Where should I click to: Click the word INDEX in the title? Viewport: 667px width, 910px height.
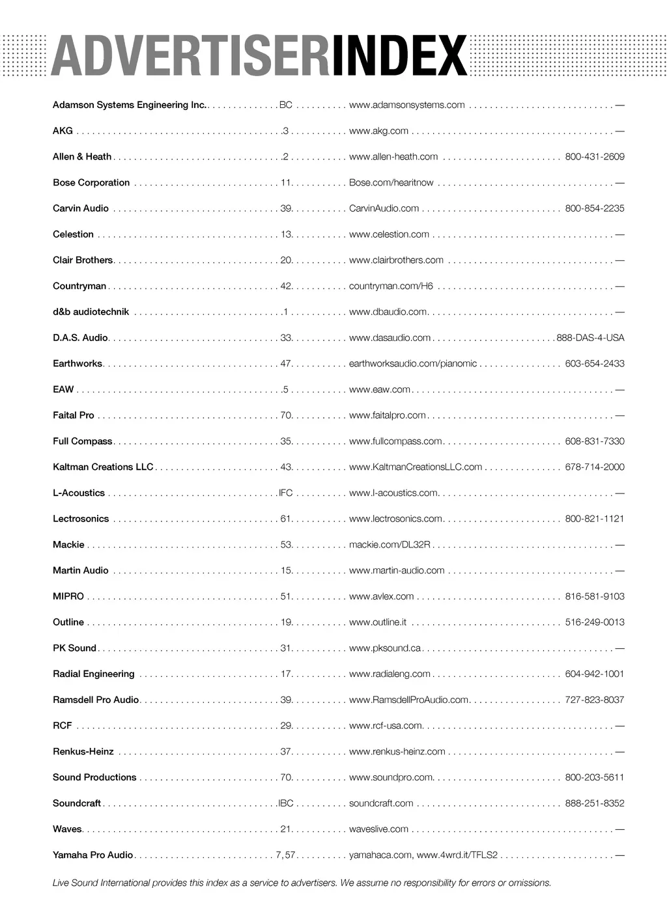click(399, 56)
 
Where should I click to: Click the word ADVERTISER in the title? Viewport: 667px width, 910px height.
click(190, 56)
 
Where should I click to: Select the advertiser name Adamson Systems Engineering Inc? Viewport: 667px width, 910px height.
click(129, 105)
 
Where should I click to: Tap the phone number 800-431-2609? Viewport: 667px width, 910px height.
click(594, 157)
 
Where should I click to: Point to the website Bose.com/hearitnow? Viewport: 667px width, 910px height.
click(391, 183)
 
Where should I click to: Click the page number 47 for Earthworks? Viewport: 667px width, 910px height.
click(286, 364)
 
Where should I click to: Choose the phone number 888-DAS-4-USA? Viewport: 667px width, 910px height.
click(590, 338)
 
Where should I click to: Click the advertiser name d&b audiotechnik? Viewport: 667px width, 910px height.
click(91, 312)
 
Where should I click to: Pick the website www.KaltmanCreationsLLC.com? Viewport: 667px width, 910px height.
click(416, 467)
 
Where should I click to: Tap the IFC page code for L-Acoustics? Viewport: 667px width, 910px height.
click(285, 493)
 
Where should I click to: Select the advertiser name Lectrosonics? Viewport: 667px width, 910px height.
click(81, 519)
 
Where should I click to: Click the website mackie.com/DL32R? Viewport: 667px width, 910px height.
click(390, 545)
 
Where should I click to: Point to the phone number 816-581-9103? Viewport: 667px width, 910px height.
click(594, 596)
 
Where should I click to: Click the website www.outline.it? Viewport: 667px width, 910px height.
click(378, 622)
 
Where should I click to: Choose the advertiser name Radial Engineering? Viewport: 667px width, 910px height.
click(93, 674)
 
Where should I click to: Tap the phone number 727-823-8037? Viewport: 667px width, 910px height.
click(594, 700)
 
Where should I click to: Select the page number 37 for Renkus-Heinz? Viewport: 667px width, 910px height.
click(286, 752)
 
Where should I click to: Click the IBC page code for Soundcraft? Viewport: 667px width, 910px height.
click(286, 803)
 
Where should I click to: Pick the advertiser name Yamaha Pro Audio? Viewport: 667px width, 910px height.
click(92, 855)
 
